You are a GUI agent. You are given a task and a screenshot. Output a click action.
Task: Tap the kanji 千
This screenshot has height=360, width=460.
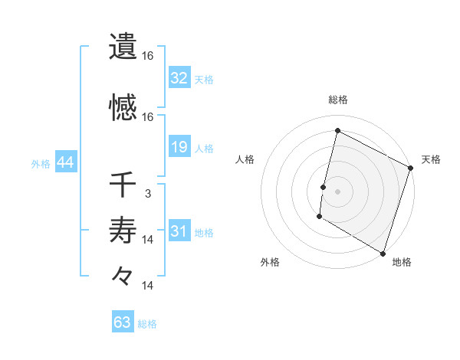(x=123, y=185)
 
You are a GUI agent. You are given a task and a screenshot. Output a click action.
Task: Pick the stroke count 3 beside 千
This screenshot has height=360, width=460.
(x=148, y=194)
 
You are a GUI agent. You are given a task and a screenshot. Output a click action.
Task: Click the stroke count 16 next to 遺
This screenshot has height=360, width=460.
(x=148, y=56)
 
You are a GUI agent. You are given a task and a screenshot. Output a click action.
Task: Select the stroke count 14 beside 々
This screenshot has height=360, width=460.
(x=148, y=286)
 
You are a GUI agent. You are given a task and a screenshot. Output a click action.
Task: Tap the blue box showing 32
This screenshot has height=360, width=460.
(x=179, y=78)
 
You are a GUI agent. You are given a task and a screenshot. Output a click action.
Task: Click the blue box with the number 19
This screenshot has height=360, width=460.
(x=179, y=147)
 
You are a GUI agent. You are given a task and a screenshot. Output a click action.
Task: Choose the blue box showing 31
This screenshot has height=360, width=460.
(x=179, y=232)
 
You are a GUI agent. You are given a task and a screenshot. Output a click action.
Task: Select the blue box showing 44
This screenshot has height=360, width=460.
(x=64, y=163)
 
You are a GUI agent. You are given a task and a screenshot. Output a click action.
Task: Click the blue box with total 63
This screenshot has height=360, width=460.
(x=122, y=322)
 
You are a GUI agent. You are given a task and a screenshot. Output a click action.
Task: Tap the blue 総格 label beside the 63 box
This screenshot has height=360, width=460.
(x=147, y=324)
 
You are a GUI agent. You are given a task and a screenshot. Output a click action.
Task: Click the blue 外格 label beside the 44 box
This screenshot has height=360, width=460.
(x=40, y=164)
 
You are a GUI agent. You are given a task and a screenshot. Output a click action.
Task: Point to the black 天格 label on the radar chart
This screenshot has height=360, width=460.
(x=431, y=159)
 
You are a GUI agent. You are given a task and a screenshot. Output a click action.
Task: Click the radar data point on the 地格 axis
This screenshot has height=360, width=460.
(x=383, y=253)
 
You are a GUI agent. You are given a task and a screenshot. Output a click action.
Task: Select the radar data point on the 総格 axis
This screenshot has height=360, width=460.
(x=337, y=131)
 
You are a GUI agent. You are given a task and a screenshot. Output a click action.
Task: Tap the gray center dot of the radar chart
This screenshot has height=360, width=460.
(x=337, y=191)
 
